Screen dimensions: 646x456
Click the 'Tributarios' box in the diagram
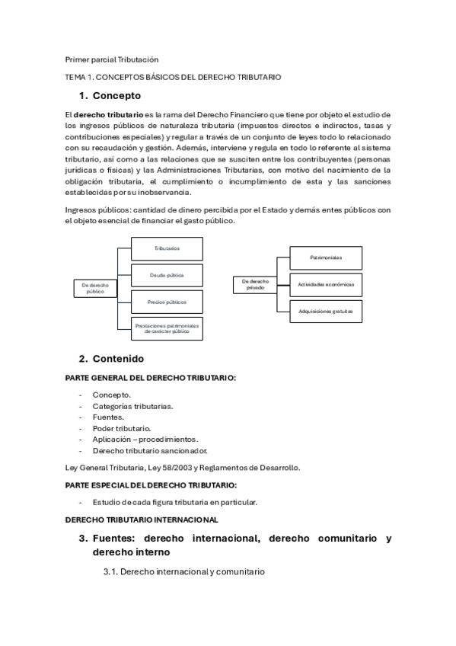(167, 248)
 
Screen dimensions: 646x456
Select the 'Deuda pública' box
(167, 275)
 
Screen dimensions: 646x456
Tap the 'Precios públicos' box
(167, 302)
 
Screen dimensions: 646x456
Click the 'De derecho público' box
(96, 287)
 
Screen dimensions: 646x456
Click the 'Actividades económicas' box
(326, 284)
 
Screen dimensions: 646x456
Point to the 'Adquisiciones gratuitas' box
(326, 311)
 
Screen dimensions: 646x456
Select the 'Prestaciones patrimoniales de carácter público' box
(167, 328)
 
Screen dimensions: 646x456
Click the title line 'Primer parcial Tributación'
(112, 59)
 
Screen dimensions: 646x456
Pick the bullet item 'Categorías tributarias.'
(132, 406)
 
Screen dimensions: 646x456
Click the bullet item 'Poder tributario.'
(121, 428)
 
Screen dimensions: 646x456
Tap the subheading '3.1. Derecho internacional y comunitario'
(183, 571)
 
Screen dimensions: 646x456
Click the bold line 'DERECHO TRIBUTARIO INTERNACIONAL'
(142, 520)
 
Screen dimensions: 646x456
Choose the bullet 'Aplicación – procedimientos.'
(145, 439)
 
